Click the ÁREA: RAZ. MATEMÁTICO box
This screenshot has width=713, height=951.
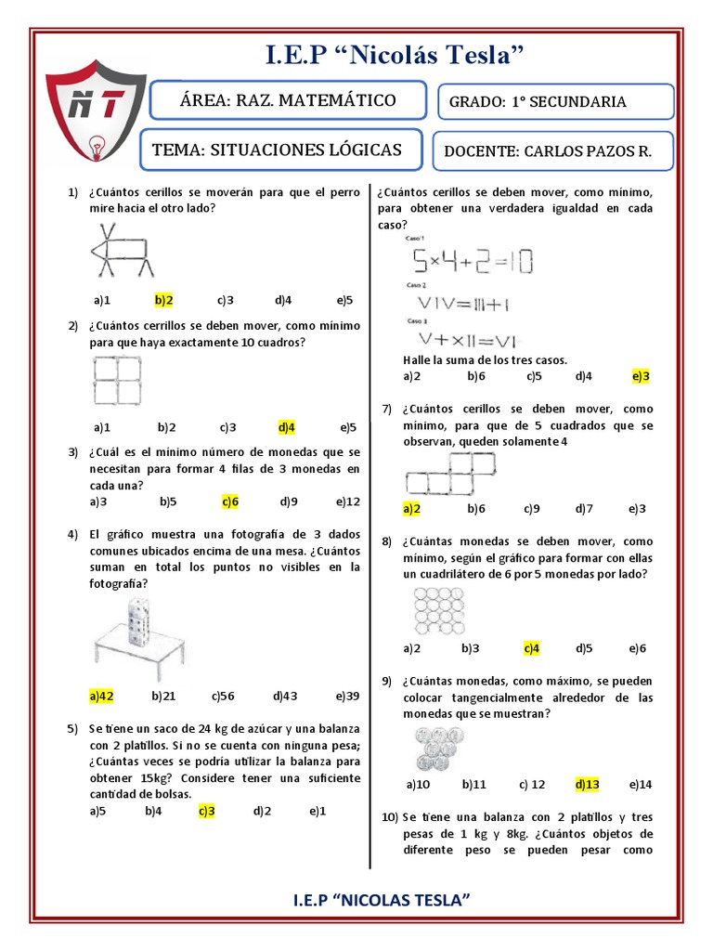288,100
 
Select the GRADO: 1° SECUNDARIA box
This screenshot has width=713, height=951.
555,102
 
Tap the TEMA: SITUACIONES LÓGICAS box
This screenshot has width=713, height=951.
280,150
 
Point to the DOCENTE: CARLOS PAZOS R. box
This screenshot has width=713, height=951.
555,151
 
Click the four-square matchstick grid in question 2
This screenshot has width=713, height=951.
117,381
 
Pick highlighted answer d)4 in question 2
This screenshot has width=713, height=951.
286,427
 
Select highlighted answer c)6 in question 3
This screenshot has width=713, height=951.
230,502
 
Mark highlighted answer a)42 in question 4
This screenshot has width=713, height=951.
101,696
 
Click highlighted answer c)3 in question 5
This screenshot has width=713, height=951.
206,811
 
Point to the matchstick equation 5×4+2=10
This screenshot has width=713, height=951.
473,262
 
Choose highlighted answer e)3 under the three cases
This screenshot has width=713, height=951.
640,376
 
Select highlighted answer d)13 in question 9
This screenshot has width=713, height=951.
588,784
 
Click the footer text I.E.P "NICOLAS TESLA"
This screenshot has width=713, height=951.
381,901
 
